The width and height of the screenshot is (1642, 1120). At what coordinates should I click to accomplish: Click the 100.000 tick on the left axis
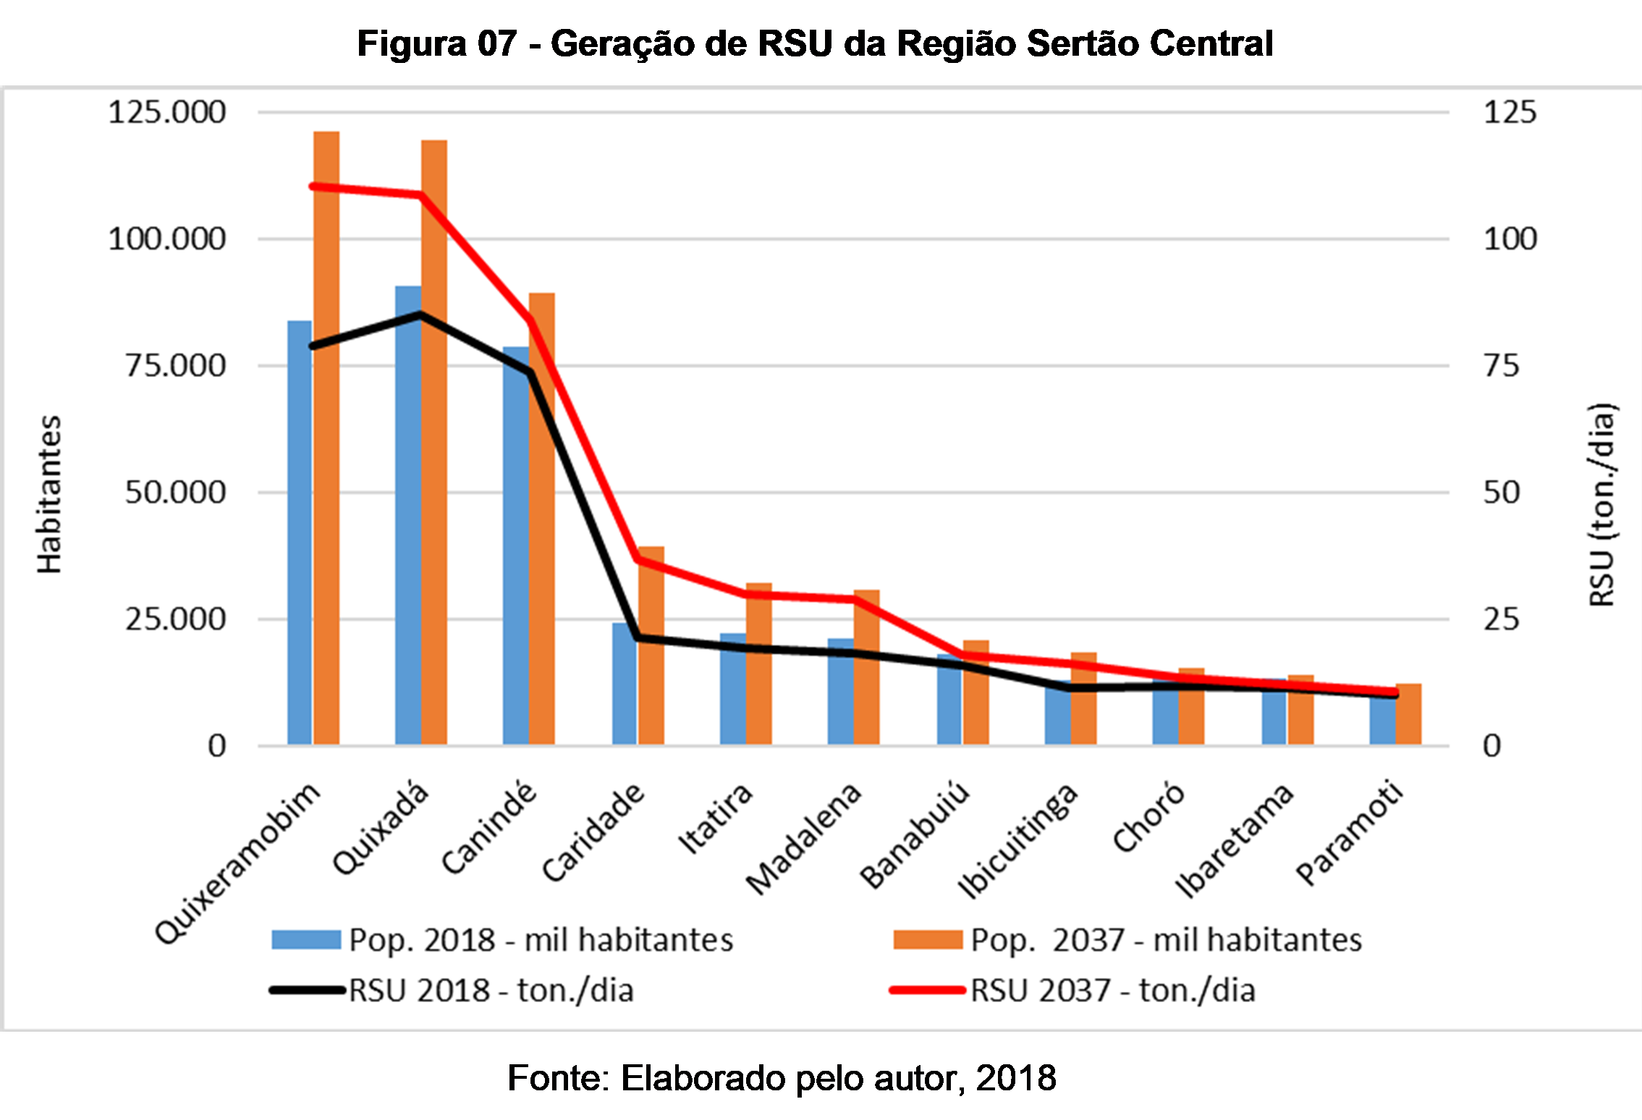point(167,239)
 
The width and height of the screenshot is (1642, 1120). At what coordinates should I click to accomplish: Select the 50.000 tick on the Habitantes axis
point(175,493)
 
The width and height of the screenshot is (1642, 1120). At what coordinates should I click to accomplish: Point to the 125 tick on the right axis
point(1510,113)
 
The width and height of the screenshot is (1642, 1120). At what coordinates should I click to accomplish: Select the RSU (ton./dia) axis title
point(1601,504)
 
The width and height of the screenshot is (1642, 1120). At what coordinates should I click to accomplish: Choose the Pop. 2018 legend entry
point(503,940)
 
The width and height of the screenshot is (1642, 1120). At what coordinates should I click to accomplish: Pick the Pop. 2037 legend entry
point(1127,940)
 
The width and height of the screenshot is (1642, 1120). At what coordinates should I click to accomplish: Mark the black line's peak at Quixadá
point(420,315)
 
